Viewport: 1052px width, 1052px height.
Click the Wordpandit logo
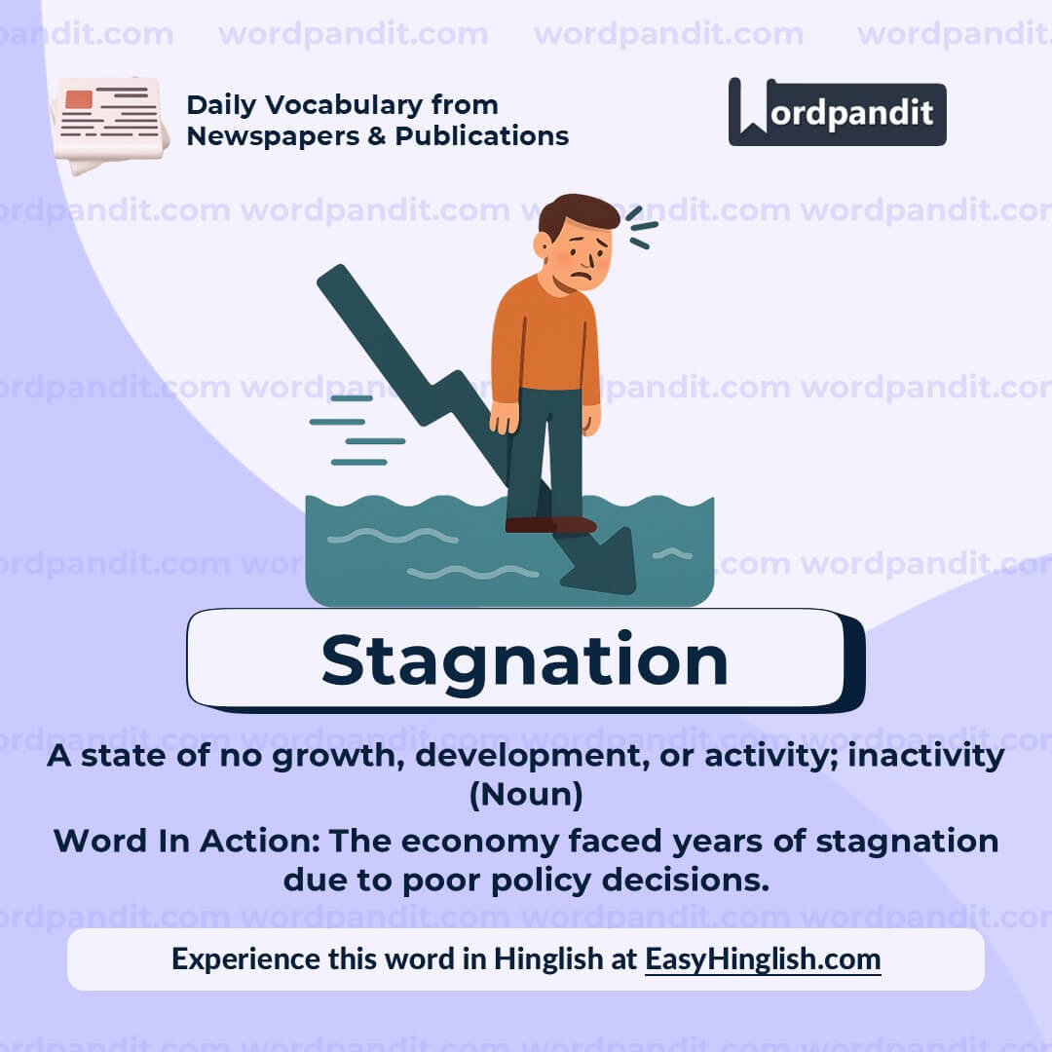[x=837, y=112]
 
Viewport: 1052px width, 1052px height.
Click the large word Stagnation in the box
[x=524, y=660]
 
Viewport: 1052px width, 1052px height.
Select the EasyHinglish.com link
[x=763, y=958]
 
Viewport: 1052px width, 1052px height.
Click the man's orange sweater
[x=545, y=341]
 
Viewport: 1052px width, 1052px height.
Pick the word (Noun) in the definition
[x=526, y=795]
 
